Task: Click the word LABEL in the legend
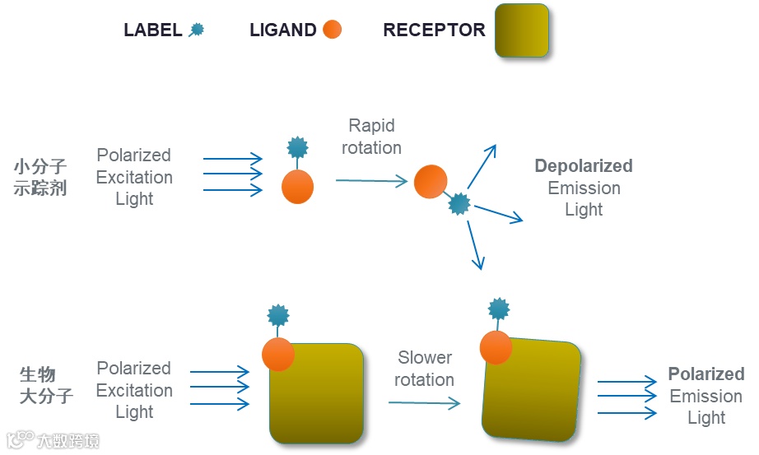point(152,30)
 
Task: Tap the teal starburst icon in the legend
point(197,30)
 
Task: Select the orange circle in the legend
point(332,30)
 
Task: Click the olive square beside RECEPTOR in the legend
point(521,30)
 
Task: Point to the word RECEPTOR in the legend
point(434,30)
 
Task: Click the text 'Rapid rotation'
point(372,137)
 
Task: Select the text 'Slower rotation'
point(424,369)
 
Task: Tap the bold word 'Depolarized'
point(584,166)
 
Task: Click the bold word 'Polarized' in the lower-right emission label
point(706,374)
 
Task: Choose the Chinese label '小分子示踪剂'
point(40,177)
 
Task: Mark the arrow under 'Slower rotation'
point(424,403)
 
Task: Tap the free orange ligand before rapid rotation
point(297,187)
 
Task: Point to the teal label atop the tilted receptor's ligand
point(498,309)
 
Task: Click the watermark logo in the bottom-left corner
point(18,440)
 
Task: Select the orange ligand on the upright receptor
point(278,354)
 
